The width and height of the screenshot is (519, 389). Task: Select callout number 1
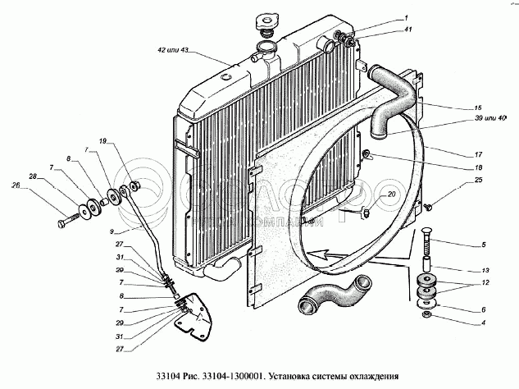click(403, 18)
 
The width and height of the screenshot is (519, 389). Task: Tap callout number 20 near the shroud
click(391, 194)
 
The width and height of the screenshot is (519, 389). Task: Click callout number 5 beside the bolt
click(483, 244)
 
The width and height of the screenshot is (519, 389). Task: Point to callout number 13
click(485, 270)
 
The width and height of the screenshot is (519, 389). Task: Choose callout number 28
click(32, 176)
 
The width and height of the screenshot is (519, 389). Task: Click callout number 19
click(103, 143)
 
